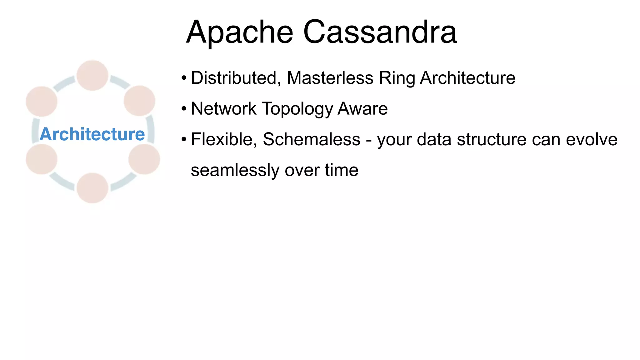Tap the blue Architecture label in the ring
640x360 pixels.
tap(92, 134)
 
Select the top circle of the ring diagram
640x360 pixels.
tap(92, 76)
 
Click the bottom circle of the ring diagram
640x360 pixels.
tap(92, 188)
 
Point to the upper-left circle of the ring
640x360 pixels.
tap(42, 102)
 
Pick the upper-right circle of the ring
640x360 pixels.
tap(139, 101)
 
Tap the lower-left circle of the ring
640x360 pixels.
tap(42, 159)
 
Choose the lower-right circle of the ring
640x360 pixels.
tap(144, 159)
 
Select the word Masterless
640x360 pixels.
tap(330, 78)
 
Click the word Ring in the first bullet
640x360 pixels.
tap(397, 78)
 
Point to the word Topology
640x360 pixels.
tap(297, 109)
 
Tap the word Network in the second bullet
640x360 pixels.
tap(223, 109)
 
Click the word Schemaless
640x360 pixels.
tap(312, 139)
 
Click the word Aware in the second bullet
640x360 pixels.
tap(363, 109)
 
